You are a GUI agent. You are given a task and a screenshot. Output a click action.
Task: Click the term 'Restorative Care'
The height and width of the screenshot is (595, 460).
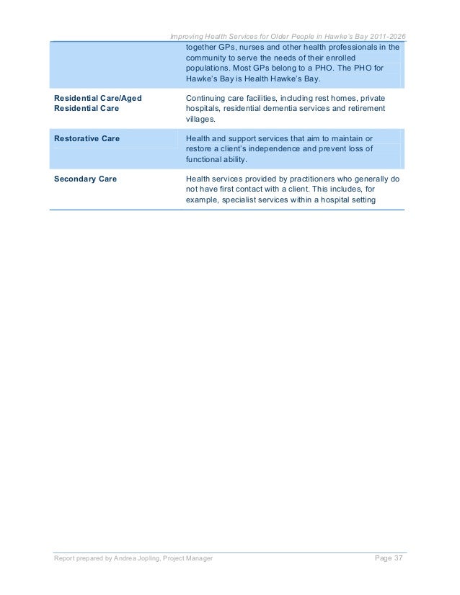tap(87, 137)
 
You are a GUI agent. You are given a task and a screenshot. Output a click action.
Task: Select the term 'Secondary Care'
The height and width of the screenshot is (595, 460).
tap(86, 177)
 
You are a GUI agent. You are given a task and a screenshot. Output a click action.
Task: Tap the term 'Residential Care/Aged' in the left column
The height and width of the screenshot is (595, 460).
tap(94, 97)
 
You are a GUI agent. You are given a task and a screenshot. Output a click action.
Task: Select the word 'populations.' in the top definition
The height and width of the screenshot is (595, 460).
tap(208, 69)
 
